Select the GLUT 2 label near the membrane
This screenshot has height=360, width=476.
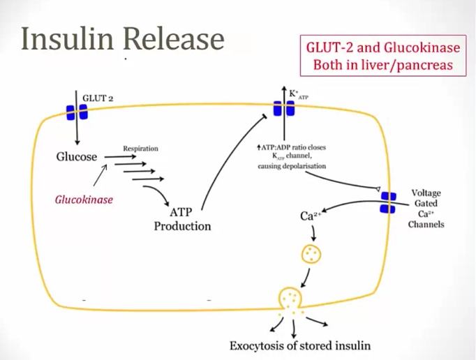[x=98, y=98]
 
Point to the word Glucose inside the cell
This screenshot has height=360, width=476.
[x=77, y=157]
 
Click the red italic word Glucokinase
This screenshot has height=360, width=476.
[x=84, y=199]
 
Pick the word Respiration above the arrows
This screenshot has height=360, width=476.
[x=140, y=149]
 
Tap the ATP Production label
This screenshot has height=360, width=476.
[x=182, y=219]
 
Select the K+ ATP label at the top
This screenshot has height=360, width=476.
[x=298, y=94]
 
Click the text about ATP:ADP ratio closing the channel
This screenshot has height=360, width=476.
[x=291, y=157]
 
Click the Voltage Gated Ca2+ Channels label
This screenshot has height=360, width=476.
[x=426, y=209]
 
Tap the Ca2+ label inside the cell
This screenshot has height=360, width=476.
[x=311, y=216]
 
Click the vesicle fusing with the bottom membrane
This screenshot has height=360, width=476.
[x=292, y=301]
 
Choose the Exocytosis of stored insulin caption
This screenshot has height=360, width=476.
[x=300, y=345]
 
